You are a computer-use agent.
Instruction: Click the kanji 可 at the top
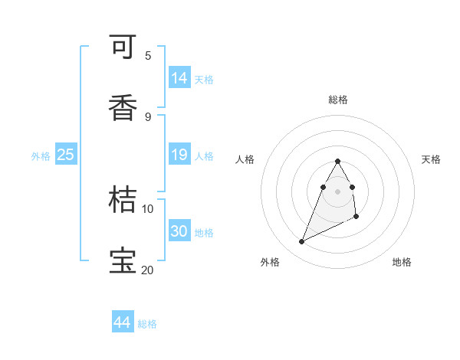123,47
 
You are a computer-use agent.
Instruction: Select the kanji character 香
123,109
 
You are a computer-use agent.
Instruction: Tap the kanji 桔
123,200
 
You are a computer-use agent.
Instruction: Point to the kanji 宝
123,260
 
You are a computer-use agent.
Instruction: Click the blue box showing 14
179,78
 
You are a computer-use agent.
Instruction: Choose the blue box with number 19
179,155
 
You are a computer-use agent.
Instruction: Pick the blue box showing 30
179,231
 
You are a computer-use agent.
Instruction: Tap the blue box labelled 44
123,323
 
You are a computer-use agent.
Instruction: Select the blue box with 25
66,155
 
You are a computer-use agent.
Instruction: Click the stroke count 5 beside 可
148,55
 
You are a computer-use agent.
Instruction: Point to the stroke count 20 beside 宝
147,270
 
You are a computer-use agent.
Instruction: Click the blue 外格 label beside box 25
41,156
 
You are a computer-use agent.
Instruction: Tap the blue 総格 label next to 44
147,324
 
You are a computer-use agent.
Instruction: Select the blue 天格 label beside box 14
204,79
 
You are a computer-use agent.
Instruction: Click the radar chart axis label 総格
338,100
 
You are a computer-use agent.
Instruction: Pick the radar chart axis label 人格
245,159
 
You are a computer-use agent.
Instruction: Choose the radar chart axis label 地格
402,262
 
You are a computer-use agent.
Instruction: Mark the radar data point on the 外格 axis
302,242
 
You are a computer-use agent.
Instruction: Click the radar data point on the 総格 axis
338,161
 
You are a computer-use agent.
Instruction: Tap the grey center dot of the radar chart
338,191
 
